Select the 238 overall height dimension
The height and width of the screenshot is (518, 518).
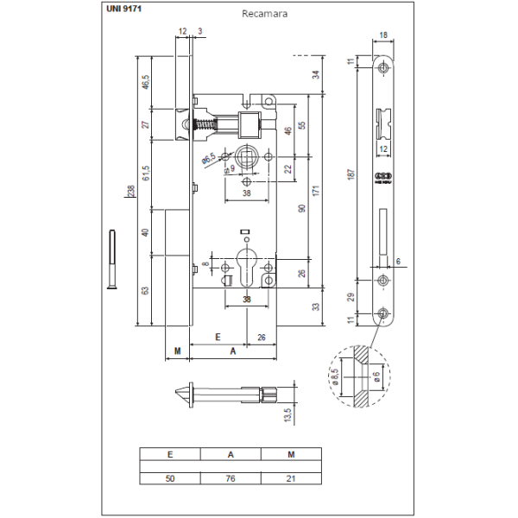(130, 192)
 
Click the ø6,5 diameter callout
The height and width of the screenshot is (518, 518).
(208, 158)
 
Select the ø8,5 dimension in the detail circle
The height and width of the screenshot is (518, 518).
(335, 377)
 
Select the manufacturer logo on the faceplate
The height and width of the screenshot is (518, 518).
(382, 179)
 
